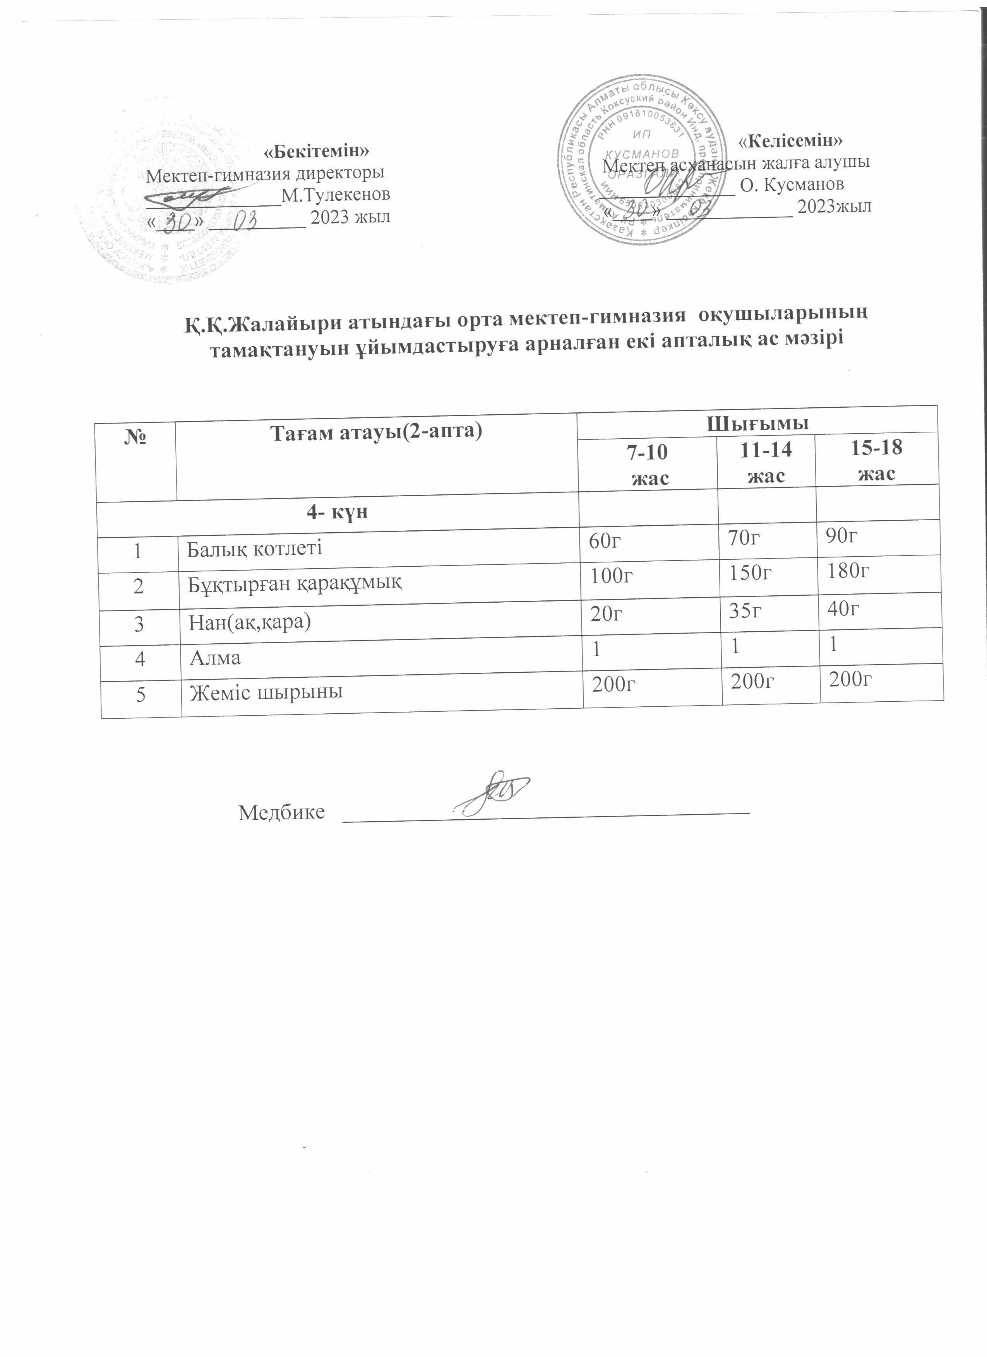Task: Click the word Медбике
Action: click(x=281, y=812)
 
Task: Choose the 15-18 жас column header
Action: click(x=876, y=460)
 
